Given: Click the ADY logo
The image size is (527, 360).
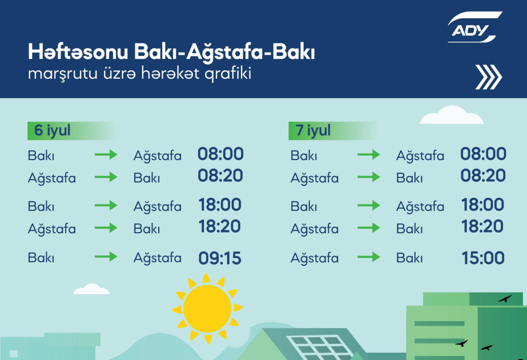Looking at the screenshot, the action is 474,27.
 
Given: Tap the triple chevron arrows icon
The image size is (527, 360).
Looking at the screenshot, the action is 488,77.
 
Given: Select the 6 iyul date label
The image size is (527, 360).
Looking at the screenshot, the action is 53,130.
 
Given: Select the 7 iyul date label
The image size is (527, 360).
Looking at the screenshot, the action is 313,130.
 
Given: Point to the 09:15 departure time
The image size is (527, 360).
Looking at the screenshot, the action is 220,258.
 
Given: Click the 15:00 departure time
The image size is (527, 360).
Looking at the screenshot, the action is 483,258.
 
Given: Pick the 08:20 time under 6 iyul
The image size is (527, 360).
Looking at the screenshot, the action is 220,175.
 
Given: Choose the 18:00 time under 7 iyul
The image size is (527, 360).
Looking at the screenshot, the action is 482,205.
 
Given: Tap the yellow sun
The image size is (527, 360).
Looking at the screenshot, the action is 207,309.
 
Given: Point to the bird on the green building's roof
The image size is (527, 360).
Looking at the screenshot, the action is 505,298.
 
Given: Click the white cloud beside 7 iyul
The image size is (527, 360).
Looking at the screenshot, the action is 452,115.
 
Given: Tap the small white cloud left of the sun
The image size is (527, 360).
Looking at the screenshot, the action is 91,289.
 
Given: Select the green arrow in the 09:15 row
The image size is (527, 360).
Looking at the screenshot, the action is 106,257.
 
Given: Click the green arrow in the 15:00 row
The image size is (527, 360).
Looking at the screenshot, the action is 369,257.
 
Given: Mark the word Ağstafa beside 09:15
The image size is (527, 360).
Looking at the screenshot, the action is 157,258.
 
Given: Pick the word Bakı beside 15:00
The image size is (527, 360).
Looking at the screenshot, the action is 409,258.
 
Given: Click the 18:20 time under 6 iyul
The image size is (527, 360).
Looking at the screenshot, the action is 220,226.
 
